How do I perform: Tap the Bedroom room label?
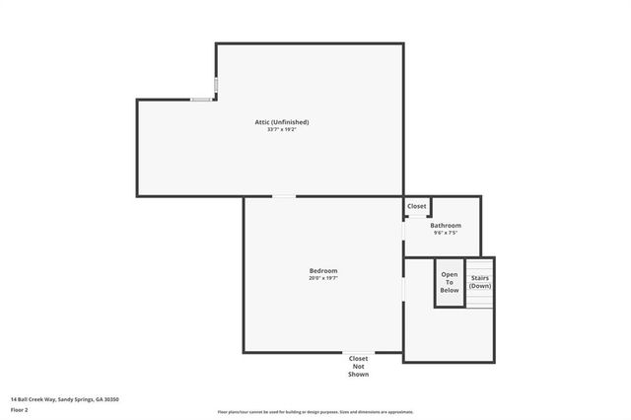tap(323, 270)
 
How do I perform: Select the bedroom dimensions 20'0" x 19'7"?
tap(323, 278)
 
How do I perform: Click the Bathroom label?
tap(446, 225)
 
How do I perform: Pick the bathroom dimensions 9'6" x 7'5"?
tap(446, 233)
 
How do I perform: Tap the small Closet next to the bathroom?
tap(417, 206)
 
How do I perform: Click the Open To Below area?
tap(450, 282)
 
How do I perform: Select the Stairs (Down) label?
tap(479, 282)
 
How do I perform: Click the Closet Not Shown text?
tap(358, 366)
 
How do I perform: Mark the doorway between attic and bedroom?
tap(284, 196)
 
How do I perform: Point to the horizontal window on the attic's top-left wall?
tap(201, 99)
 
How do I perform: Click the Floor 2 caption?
tap(20, 409)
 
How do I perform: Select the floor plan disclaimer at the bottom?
tap(315, 411)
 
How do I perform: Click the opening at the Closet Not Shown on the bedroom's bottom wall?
tap(358, 353)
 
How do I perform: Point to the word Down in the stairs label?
tap(479, 286)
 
